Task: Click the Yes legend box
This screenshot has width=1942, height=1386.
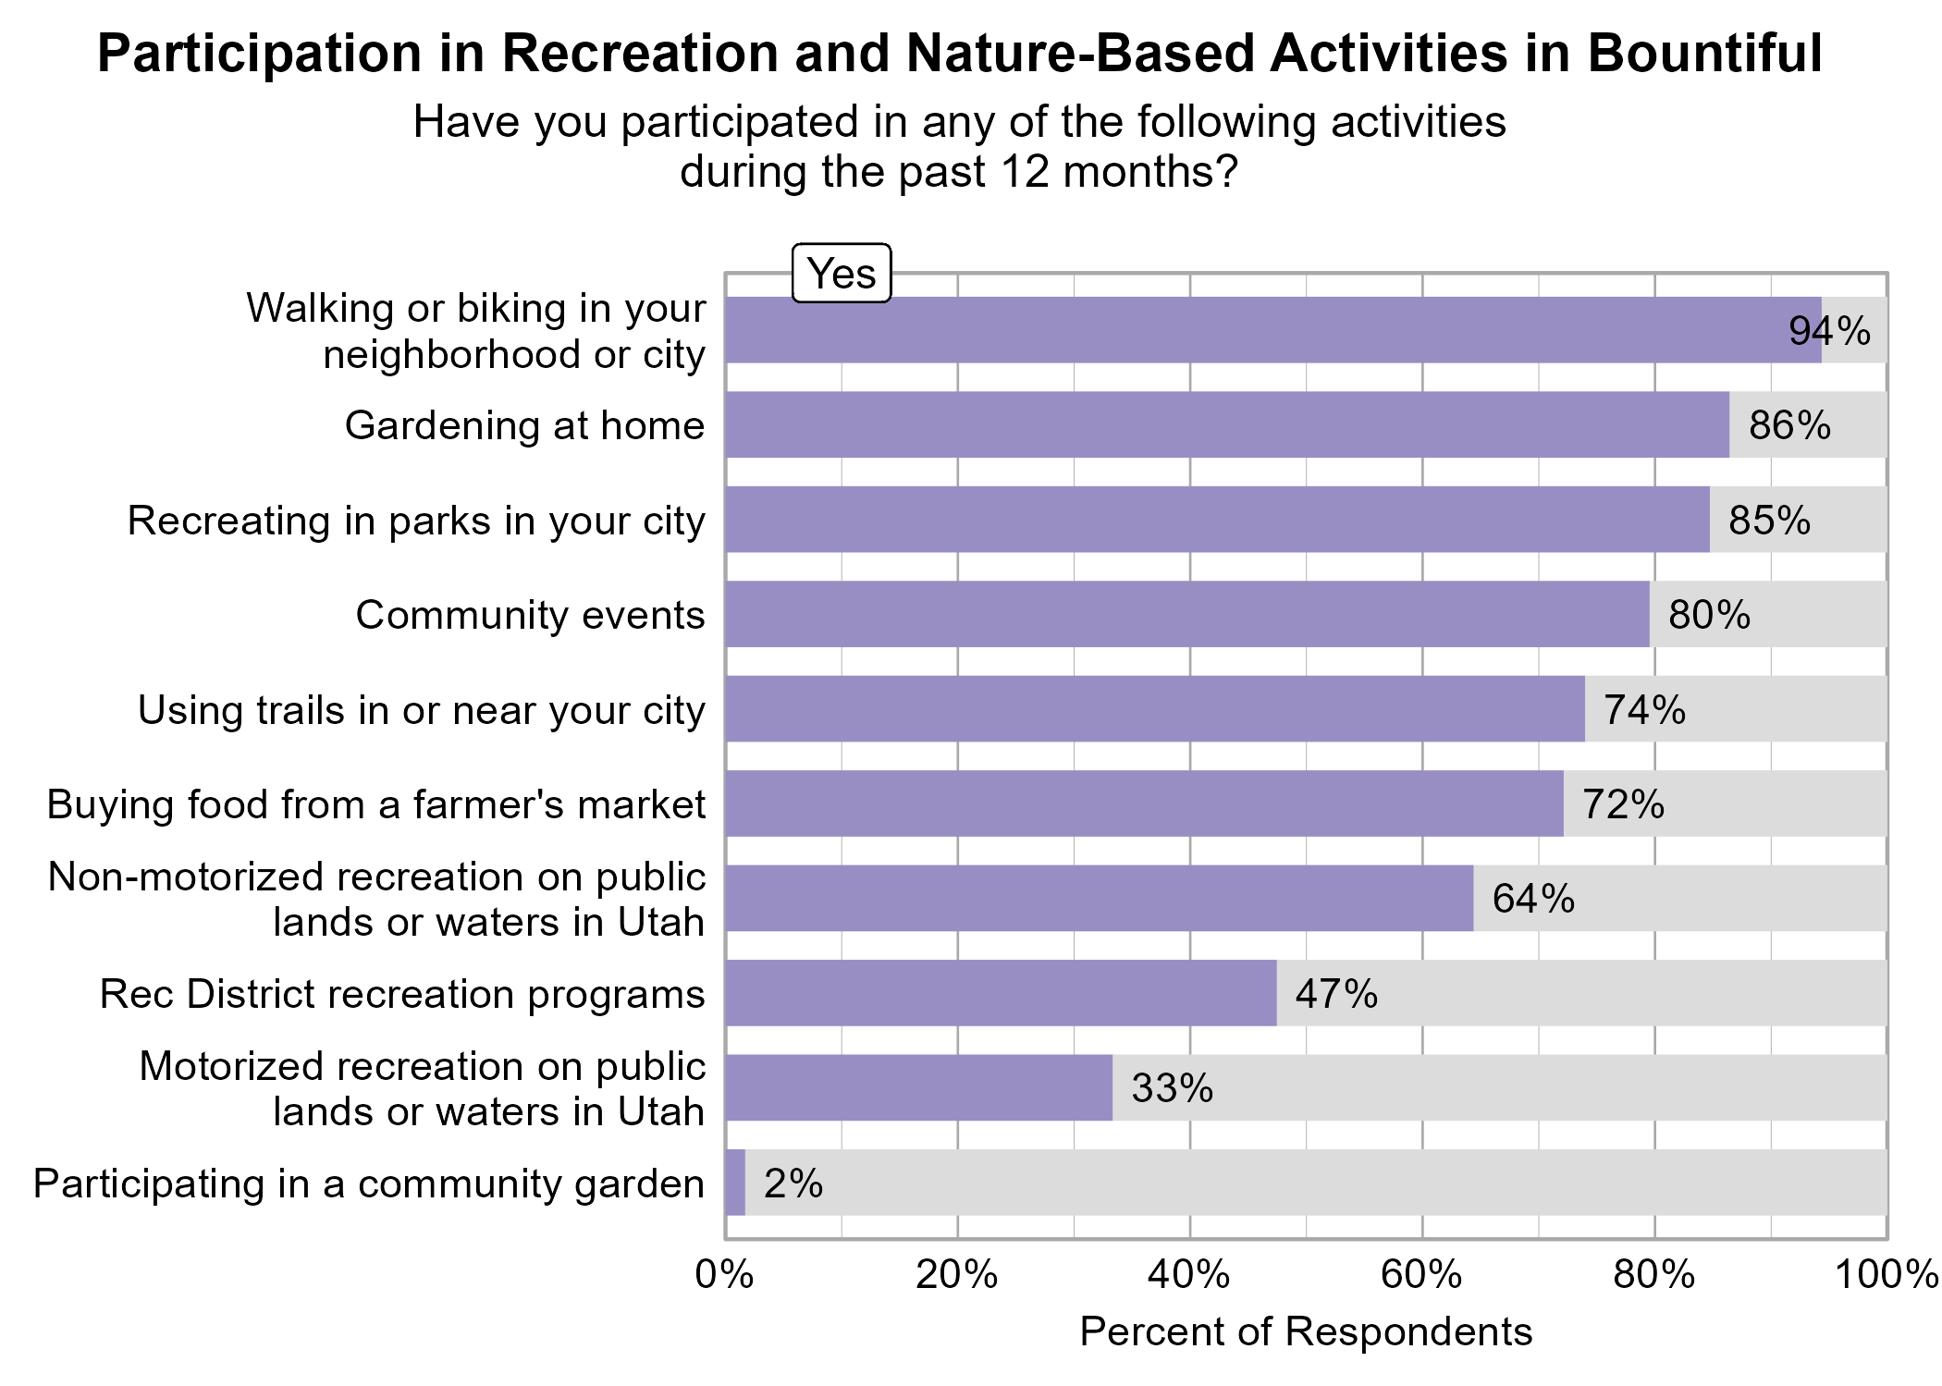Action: tap(841, 274)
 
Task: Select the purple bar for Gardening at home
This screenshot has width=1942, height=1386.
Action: tap(1226, 424)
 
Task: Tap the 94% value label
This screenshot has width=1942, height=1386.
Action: tap(1828, 331)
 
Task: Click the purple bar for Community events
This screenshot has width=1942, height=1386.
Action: tap(1186, 614)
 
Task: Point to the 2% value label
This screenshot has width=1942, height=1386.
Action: tap(793, 1184)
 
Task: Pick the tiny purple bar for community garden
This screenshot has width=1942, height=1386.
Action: tap(735, 1183)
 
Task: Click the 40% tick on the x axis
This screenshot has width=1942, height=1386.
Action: tap(1188, 1275)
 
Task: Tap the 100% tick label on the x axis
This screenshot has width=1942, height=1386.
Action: tap(1885, 1275)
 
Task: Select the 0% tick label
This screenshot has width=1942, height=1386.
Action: tap(724, 1275)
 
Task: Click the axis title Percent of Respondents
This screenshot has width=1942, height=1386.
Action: tap(1305, 1332)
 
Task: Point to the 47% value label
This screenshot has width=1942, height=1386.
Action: tap(1335, 994)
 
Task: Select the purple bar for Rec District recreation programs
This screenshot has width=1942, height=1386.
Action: tap(1000, 993)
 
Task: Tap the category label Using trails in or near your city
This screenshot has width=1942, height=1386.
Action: tap(421, 710)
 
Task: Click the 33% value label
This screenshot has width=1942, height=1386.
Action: tap(1172, 1088)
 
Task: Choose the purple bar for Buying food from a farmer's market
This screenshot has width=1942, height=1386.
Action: tap(1144, 803)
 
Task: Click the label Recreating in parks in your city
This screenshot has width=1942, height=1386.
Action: tap(415, 521)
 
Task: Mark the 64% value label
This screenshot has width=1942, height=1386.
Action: tap(1532, 899)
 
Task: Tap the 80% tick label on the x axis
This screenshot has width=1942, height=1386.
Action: tap(1653, 1275)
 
